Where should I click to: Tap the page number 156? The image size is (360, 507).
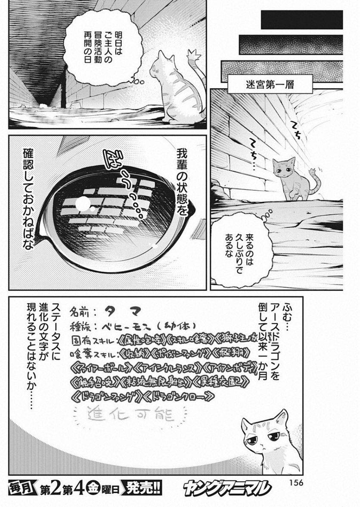click(x=295, y=482)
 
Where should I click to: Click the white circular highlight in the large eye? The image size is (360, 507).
click(x=83, y=203)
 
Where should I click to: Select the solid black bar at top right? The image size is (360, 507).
click(x=301, y=19)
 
